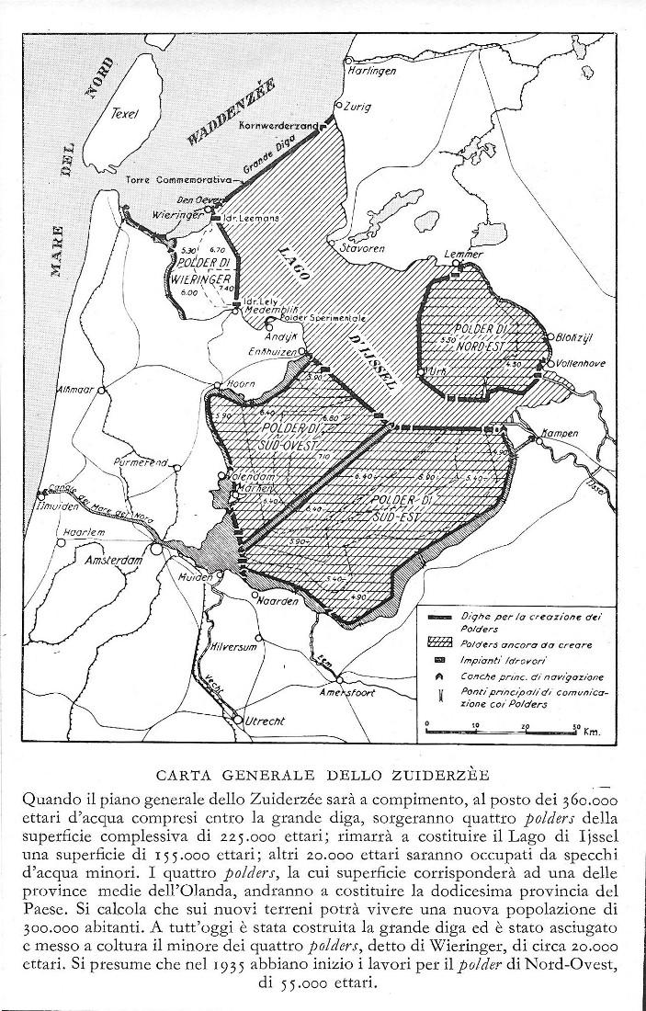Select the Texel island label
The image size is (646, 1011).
coord(123,114)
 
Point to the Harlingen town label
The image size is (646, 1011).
coord(371,71)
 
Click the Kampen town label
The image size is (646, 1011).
coord(559,432)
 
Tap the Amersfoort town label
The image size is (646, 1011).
coord(346,694)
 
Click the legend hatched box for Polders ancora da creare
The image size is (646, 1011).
coord(436,645)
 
